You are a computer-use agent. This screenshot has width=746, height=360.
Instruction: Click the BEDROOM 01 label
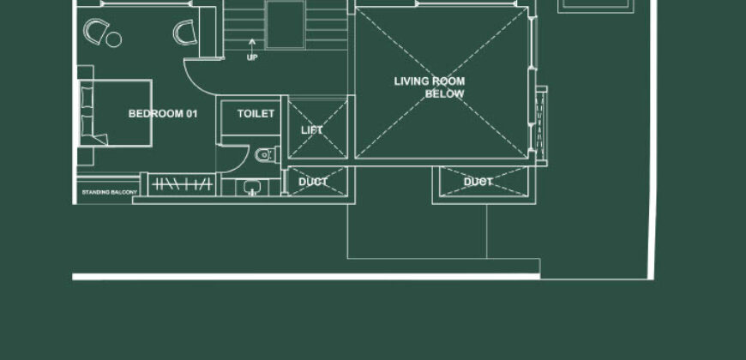pos(163,114)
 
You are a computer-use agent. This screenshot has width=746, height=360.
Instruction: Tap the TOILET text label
pos(256,114)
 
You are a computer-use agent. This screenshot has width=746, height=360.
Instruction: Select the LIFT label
pos(311,130)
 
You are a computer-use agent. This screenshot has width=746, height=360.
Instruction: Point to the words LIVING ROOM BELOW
pos(430,87)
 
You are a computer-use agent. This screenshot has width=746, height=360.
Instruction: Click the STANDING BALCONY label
pos(110,193)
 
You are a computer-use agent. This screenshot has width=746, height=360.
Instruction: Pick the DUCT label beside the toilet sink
pos(313,182)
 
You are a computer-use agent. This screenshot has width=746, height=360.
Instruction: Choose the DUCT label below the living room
pos(478,182)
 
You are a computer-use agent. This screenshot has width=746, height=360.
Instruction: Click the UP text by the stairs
pos(252,57)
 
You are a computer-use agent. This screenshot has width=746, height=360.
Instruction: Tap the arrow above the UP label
pos(252,44)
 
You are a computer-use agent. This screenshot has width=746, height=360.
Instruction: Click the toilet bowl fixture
pos(266,154)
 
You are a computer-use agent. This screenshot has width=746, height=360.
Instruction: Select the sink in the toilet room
pos(252,188)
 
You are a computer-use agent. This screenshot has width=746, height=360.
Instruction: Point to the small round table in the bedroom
pos(114,39)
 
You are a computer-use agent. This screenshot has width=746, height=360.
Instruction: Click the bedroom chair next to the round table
pos(94,32)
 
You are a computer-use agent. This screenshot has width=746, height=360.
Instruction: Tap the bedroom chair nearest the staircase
pos(185,33)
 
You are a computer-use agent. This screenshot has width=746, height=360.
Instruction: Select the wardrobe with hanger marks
pos(182,184)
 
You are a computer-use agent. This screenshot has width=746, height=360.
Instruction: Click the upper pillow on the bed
pos(87,97)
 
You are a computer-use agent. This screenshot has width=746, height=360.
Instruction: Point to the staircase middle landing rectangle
pos(285,24)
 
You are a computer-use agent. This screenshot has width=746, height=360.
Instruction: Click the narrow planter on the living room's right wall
pos(541,125)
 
